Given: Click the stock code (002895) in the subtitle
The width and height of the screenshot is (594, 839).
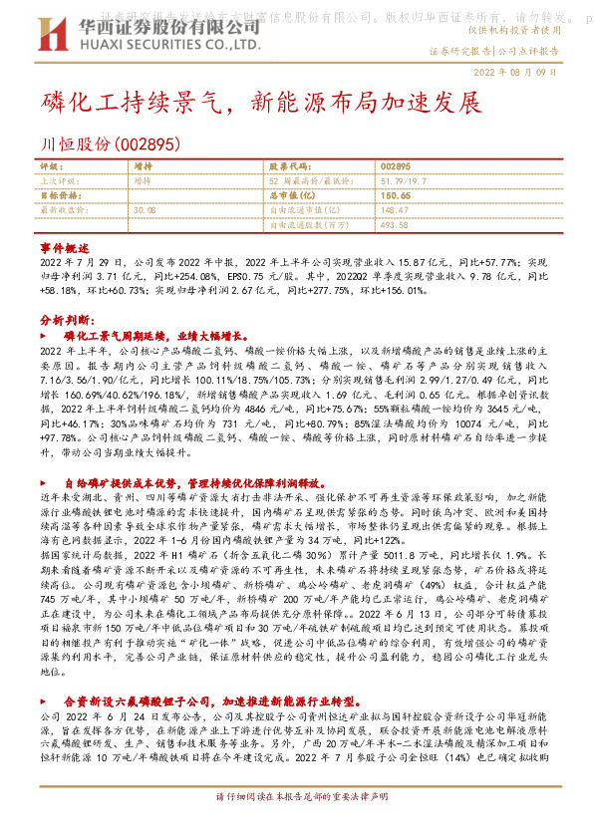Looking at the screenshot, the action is pos(147,142).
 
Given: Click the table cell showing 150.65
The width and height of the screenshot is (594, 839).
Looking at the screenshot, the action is pos(395,196).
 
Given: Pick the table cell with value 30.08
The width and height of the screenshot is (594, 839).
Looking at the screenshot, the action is pos(145,210).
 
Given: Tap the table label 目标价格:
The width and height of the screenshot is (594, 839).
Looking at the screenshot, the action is pos(59,196).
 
